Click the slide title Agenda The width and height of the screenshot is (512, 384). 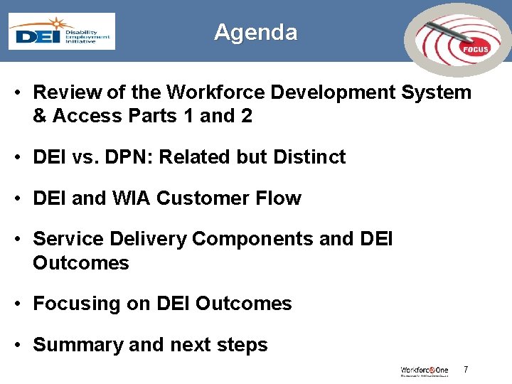(255, 32)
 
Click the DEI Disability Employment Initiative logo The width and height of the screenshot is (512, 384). (61, 31)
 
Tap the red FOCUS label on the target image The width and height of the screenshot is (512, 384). (475, 49)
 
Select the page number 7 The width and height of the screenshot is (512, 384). (466, 369)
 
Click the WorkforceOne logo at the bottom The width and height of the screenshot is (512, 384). (425, 370)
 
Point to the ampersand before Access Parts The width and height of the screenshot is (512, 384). (40, 116)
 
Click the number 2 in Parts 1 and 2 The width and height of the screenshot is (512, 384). (246, 116)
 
